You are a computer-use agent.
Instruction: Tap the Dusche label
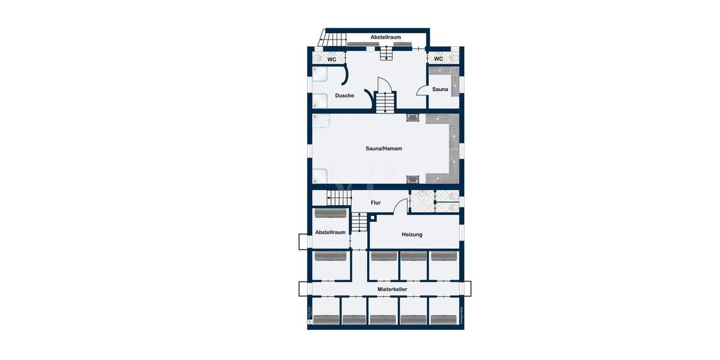pos(344,95)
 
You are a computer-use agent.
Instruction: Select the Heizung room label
pos(412,234)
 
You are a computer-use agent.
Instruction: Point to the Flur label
pos(376,203)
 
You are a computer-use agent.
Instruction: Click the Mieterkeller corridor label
pos(393,289)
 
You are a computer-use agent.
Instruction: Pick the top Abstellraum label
pos(385,37)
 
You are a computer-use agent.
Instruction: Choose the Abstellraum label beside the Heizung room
pos(330,232)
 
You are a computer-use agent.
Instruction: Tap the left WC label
pos(331,59)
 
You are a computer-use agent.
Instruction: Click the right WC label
pos(439,59)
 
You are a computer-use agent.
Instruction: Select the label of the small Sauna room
pos(440,89)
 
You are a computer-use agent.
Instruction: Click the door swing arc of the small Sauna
pos(422,90)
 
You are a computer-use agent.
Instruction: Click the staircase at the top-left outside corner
pos(334,39)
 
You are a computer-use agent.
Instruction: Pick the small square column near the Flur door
pos(372,218)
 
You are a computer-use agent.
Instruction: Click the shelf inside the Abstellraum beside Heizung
pos(330,213)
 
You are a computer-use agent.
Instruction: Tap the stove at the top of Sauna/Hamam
pos(413,118)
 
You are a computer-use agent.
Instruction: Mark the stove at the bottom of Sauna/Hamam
pos(413,179)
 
